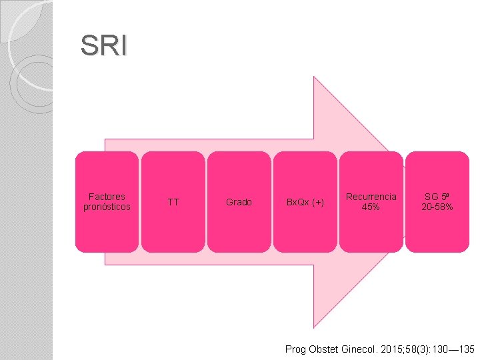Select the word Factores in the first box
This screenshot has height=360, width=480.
click(x=107, y=197)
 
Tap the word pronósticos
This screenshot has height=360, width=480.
click(x=107, y=207)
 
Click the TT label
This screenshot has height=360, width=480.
click(x=173, y=202)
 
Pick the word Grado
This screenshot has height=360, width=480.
click(x=239, y=202)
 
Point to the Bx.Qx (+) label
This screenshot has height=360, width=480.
click(x=305, y=202)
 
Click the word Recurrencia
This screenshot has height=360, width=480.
click(x=371, y=197)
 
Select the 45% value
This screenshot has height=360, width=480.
click(x=371, y=207)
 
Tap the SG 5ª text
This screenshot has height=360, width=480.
click(x=437, y=197)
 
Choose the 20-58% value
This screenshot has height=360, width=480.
click(x=437, y=207)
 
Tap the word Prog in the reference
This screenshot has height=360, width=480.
click(x=295, y=349)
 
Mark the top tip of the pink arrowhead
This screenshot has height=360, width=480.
click(x=314, y=77)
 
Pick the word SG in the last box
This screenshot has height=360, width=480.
click(x=431, y=197)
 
